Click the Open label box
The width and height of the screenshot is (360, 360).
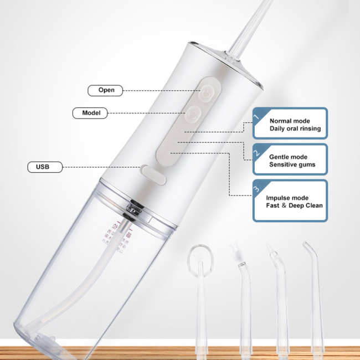(x=106, y=90)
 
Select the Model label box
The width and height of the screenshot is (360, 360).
(x=91, y=112)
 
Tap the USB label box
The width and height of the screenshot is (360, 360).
(x=45, y=166)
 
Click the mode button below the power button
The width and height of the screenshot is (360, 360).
(x=192, y=114)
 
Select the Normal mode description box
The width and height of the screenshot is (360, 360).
(x=290, y=123)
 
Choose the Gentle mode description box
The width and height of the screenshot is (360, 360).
(x=290, y=160)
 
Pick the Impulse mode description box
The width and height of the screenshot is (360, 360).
(x=290, y=200)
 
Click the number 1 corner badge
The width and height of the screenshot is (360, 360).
(x=256, y=115)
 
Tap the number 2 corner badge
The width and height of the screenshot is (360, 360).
(x=256, y=151)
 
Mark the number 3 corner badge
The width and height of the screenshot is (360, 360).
(x=256, y=188)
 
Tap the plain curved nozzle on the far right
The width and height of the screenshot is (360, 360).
(x=308, y=252)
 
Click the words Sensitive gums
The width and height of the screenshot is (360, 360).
(x=292, y=164)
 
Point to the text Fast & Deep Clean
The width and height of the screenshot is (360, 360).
(x=294, y=205)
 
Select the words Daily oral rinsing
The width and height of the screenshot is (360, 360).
(x=295, y=128)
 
